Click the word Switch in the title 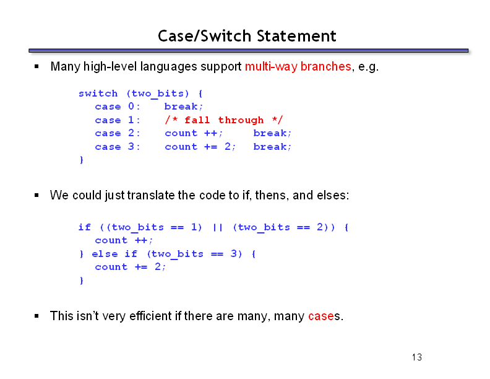click(226, 36)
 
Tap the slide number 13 click(417, 357)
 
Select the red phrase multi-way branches click(298, 66)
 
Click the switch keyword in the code click(98, 93)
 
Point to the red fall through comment click(224, 120)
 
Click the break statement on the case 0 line click(184, 107)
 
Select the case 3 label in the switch click(118, 147)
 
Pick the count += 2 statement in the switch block click(200, 147)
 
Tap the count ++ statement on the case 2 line click(194, 133)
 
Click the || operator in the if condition click(218, 227)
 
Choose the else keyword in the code click(105, 254)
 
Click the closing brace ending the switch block click(82, 160)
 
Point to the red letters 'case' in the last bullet click(321, 316)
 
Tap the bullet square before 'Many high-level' click(37, 66)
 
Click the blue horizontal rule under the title click(249, 51)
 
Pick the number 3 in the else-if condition click(234, 253)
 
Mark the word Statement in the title click(296, 36)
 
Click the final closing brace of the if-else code click(82, 280)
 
